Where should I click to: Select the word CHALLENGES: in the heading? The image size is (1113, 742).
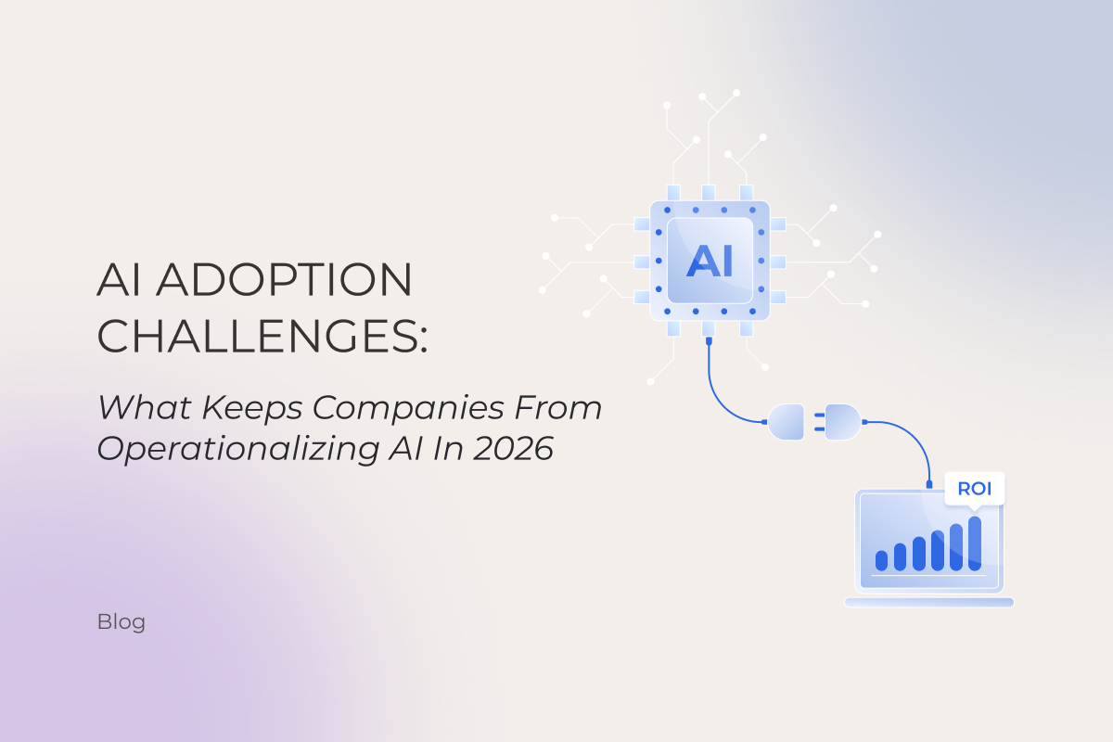tap(263, 335)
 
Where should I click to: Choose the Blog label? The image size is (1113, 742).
tap(121, 621)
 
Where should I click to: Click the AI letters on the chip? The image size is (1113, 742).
tap(710, 261)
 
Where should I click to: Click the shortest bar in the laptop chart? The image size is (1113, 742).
tap(881, 560)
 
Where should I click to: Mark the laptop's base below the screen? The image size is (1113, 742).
tap(928, 602)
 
